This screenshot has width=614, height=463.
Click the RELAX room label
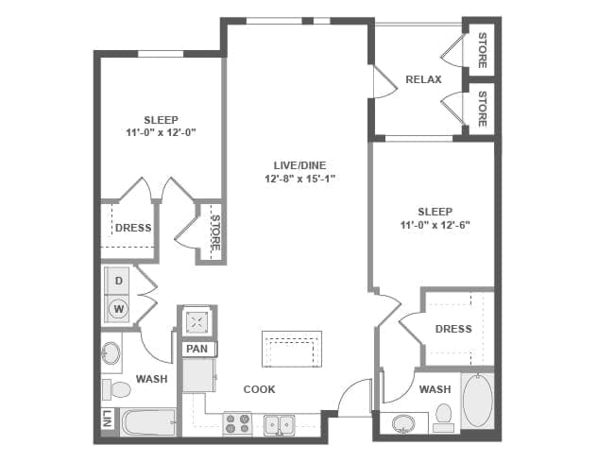point(423,79)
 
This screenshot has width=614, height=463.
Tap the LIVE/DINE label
point(299,165)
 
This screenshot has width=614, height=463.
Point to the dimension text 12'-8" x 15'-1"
point(300,179)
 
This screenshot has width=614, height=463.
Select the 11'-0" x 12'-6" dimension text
point(435,225)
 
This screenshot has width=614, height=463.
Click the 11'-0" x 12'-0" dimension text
point(161,133)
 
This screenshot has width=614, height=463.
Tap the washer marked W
point(118,309)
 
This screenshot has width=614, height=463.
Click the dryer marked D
point(118,281)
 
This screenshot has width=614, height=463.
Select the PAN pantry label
point(197,349)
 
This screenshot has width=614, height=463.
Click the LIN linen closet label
point(108,419)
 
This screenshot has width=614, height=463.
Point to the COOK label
point(259,389)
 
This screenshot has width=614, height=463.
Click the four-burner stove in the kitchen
point(237,423)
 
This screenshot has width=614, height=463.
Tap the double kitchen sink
point(280,424)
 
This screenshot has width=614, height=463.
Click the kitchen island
point(292,349)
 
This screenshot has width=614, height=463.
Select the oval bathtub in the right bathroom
point(478,400)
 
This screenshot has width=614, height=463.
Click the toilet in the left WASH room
point(116,389)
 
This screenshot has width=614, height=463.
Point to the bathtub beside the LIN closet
point(148,422)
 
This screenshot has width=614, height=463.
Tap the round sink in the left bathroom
point(111,353)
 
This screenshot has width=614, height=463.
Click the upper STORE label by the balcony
point(483,50)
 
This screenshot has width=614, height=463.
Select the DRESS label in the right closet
point(453,329)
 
